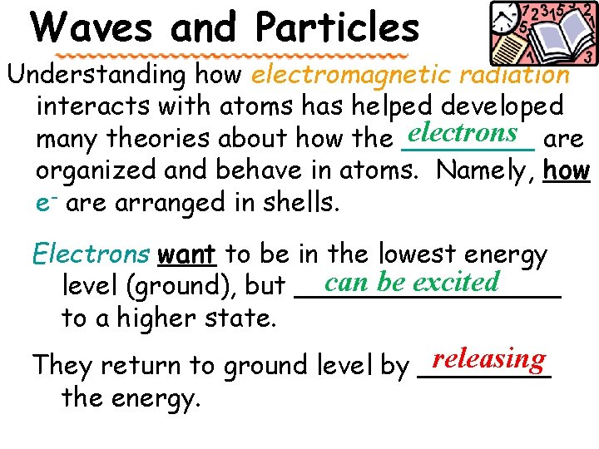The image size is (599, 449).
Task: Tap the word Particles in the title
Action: pos(338,27)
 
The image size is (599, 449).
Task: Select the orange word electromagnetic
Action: pos(339,75)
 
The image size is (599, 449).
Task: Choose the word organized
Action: pos(98,170)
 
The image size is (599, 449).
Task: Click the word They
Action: pos(58,365)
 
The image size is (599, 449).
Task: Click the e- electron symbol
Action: pos(47,202)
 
